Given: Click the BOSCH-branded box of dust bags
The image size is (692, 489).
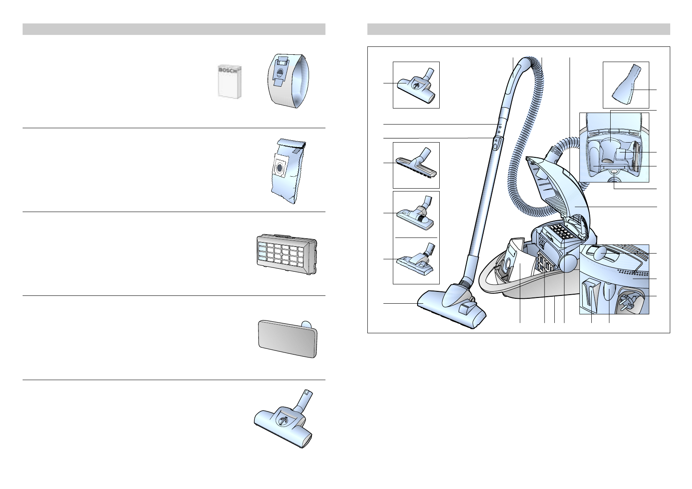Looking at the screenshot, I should click(229, 82).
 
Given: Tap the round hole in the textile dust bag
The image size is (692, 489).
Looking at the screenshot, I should click(279, 168).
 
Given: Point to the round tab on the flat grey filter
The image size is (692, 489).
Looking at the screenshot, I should click(306, 324).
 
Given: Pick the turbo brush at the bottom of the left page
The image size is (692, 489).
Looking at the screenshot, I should click(284, 423).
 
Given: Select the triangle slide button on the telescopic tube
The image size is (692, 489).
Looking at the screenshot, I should click(496, 142).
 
